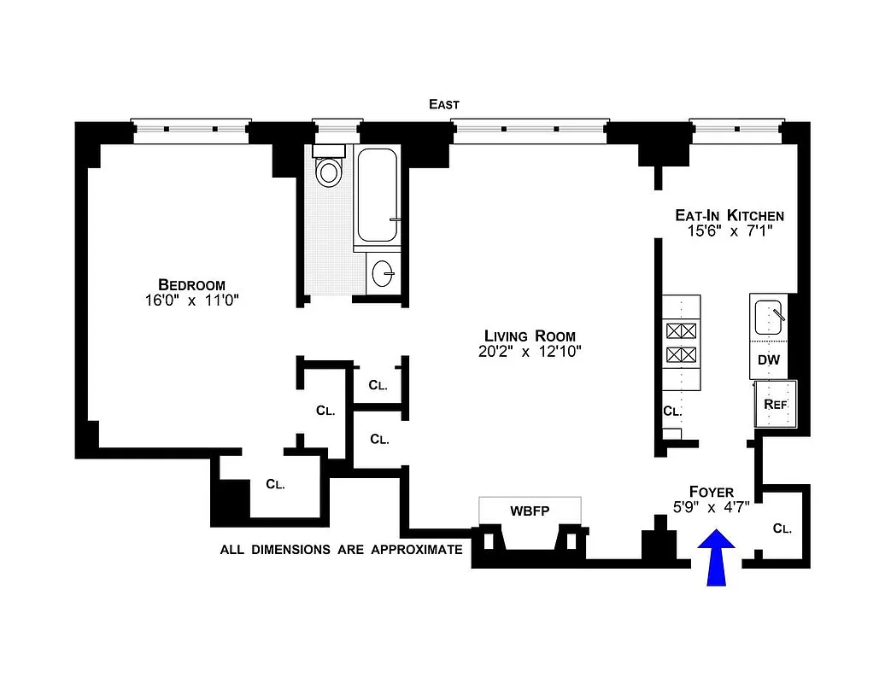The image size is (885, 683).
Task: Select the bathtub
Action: (377, 196)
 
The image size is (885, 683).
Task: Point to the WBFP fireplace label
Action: (530, 511)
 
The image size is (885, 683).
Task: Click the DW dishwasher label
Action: (769, 360)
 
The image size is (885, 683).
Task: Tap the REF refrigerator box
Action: (775, 404)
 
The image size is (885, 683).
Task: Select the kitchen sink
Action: (769, 318)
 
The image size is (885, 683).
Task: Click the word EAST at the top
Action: (444, 104)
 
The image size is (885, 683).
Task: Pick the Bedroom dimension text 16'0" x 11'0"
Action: (191, 301)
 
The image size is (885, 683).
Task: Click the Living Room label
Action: (530, 336)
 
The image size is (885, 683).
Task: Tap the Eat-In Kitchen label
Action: (729, 216)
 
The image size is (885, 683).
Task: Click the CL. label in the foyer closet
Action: (782, 528)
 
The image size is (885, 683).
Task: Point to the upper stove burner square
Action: (681, 331)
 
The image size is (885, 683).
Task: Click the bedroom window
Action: (191, 129)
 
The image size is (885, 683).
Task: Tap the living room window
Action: (530, 129)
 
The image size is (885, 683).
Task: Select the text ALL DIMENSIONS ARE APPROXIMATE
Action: (341, 550)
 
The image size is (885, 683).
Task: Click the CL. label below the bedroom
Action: (275, 484)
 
